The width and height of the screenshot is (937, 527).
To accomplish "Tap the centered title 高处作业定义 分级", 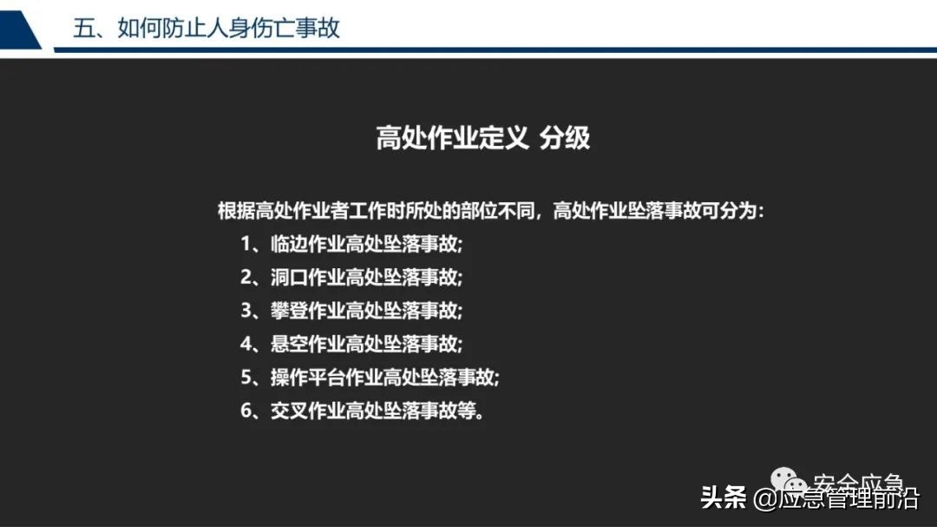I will point(482,137).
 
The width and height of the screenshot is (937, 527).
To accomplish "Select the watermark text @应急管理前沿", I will point(835,499).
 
